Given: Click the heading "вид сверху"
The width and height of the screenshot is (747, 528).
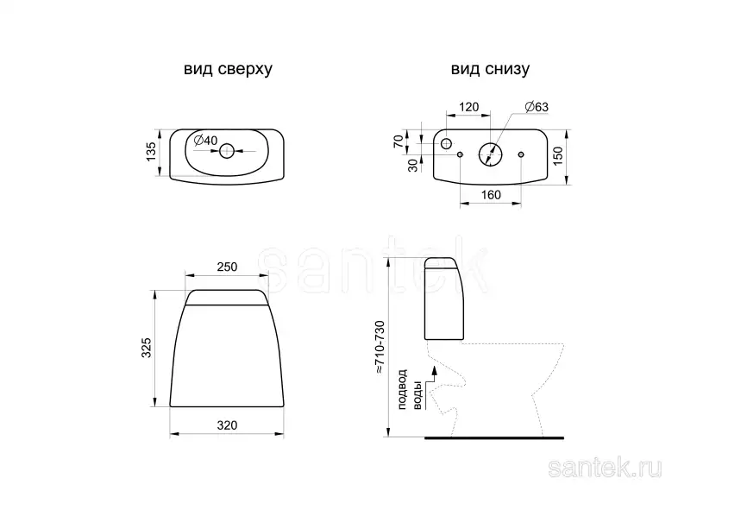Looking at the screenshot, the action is (228, 70).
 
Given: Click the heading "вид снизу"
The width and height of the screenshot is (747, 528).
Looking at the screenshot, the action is (490, 70).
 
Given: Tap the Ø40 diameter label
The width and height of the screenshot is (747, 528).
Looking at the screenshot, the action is (206, 140).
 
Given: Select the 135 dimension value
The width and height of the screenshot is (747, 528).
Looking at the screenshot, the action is (151, 152).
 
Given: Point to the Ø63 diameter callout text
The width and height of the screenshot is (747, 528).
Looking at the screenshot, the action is (537, 107).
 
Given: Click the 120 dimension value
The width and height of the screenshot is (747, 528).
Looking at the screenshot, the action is (468, 107).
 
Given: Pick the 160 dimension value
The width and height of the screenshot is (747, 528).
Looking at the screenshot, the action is (491, 195).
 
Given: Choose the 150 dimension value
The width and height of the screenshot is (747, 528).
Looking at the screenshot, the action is (557, 156).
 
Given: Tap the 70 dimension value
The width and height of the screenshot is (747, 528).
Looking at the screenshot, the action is (399, 141).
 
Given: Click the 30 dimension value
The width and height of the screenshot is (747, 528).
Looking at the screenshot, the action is (413, 166).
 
